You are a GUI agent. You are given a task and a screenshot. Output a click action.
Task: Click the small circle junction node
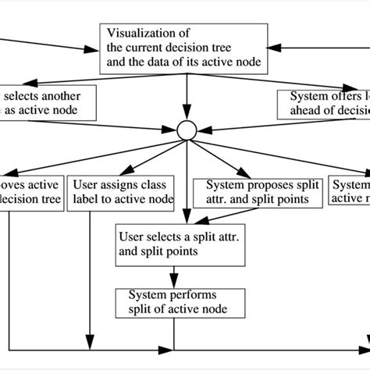click(187, 129)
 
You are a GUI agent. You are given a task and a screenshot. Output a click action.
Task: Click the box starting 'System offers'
click(324, 102)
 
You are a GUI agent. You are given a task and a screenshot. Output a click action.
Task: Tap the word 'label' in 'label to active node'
click(87, 199)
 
